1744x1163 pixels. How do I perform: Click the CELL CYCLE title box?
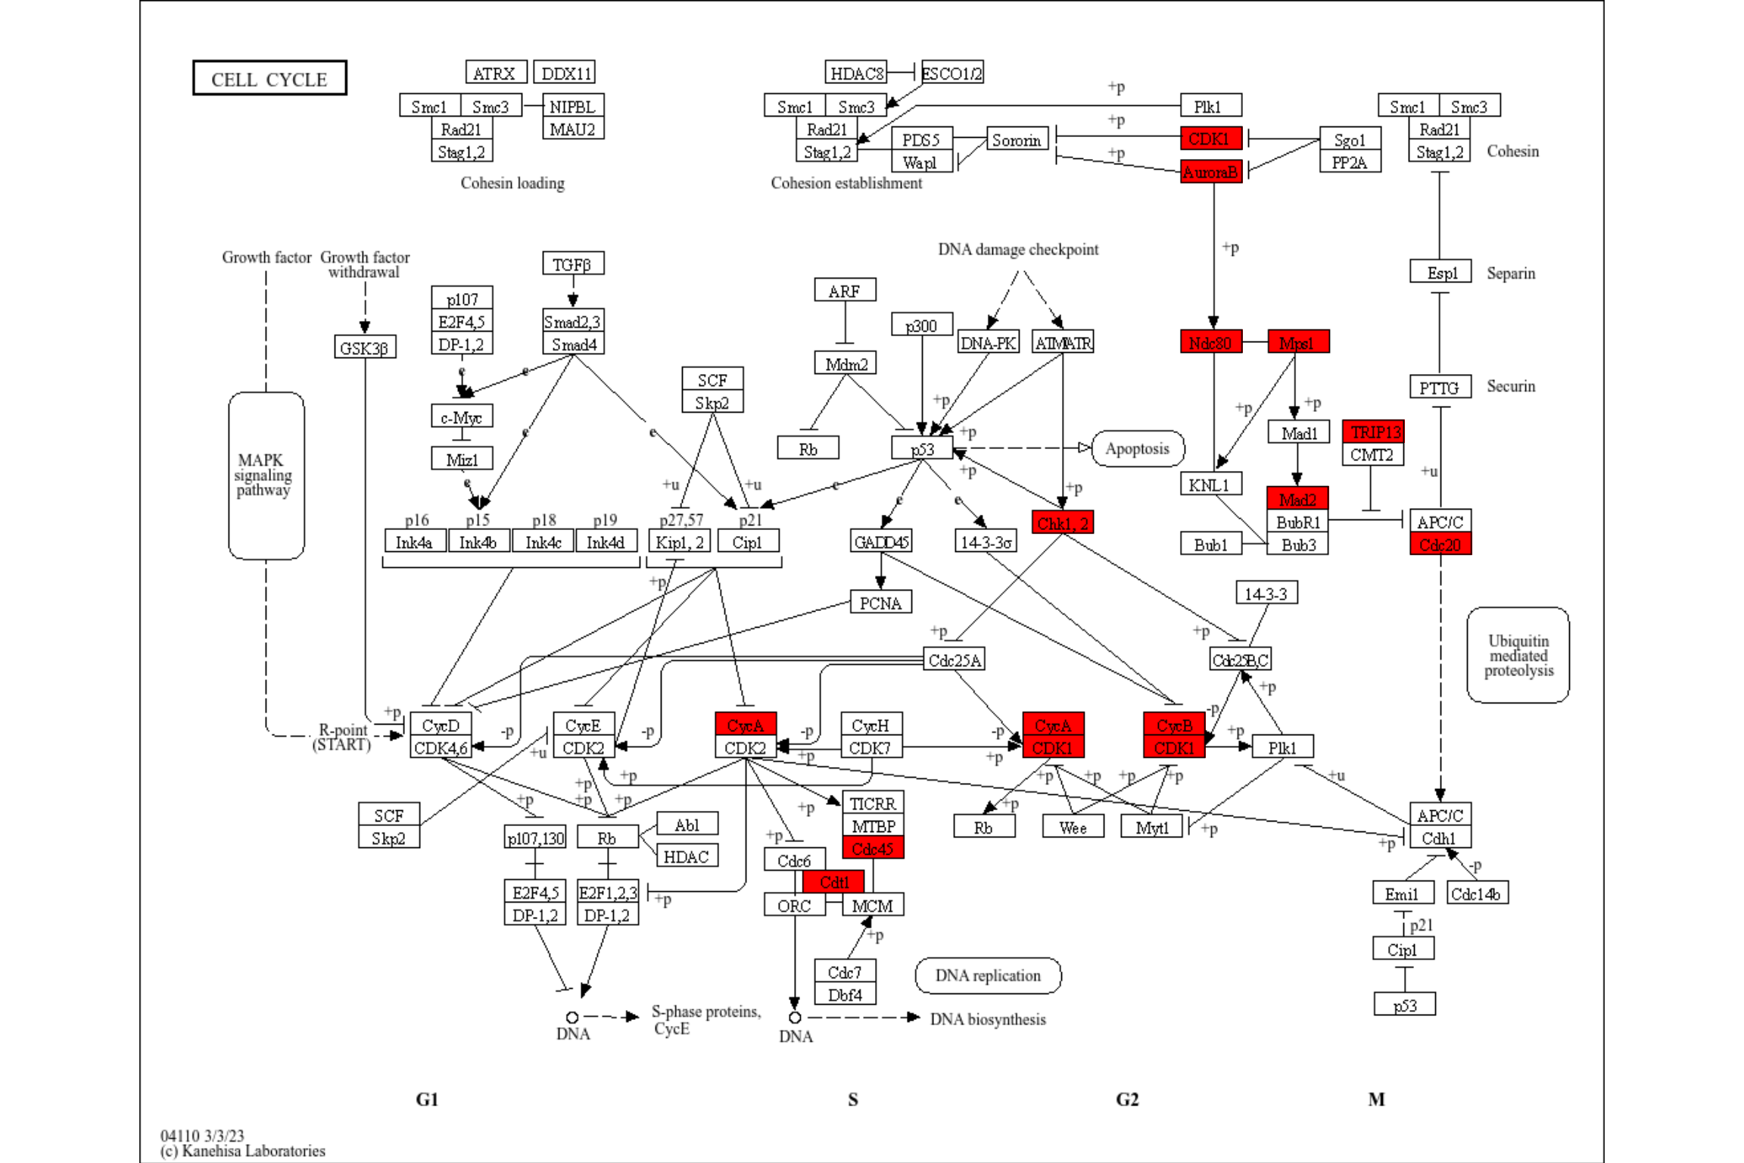pos(269,79)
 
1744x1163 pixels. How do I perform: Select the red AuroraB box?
pos(1210,173)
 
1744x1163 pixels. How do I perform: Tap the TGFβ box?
pos(572,264)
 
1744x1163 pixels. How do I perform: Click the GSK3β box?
pos(364,348)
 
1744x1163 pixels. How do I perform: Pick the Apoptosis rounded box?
pos(1137,448)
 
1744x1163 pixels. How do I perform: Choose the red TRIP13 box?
pos(1373,432)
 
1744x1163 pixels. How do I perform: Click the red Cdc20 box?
pos(1440,544)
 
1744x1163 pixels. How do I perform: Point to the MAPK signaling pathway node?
pos(266,475)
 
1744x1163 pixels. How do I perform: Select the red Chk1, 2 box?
pos(1062,522)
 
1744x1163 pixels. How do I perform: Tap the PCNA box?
pos(880,603)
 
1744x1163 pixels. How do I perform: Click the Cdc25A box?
pos(954,659)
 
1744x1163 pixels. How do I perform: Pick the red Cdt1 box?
pos(833,882)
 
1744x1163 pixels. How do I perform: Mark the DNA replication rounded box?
pos(987,975)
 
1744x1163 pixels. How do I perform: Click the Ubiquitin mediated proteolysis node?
pos(1517,656)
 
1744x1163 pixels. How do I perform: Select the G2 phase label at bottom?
pos(1126,1099)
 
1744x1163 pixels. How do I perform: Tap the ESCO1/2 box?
pos(951,73)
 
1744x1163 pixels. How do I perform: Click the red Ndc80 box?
pos(1210,342)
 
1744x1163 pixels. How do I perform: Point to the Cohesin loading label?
pos(512,183)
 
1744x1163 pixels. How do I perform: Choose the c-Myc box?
pos(462,416)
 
